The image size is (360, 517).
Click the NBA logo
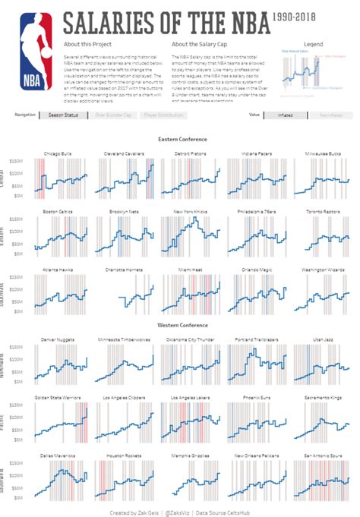tap(36, 43)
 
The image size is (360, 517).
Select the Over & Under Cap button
tap(113, 115)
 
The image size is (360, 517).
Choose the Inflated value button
tap(286, 115)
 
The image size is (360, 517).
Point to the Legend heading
tap(313, 45)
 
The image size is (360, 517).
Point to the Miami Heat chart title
tap(189, 269)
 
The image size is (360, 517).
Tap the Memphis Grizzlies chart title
tap(189, 456)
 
